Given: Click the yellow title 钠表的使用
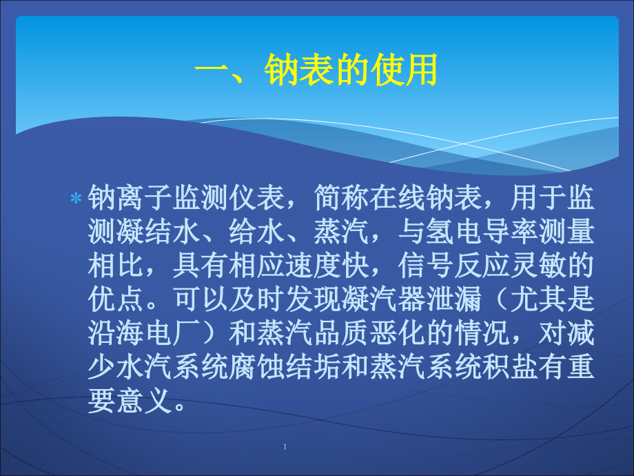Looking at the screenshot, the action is point(351,70).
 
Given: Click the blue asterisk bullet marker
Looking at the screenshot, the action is point(76,199).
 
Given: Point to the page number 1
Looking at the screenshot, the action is point(285,446).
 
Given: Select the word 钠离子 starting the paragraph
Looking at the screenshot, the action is point(130,197).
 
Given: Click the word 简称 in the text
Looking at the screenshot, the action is point(341,197).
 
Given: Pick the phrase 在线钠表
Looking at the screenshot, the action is point(426,197).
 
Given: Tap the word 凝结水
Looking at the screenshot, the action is point(158,232).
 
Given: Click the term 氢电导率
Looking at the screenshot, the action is point(482,232).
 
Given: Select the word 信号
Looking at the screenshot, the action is point(426,266).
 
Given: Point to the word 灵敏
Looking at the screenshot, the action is point(539,266).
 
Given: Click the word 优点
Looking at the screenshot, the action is point(116,299).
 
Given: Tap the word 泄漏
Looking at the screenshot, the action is point(454,299).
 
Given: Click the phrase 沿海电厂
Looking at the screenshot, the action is point(144,333).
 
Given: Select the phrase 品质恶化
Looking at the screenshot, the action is point(369,333).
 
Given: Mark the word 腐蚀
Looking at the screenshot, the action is point(257,367).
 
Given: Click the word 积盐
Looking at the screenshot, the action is point(510,367).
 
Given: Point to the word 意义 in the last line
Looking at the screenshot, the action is point(144,401).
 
